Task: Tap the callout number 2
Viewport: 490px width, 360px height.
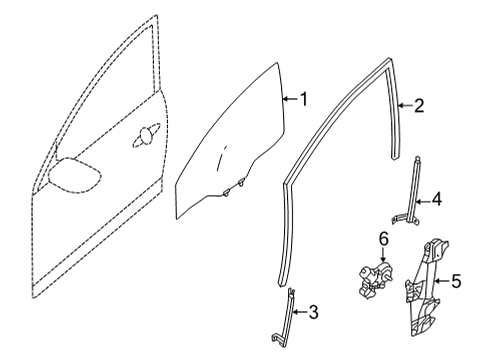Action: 419,105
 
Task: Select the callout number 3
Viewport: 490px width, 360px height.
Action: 314,314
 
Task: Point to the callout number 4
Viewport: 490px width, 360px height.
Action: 436,200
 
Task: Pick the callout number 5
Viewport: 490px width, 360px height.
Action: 456,281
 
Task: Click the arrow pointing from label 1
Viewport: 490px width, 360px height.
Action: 289,99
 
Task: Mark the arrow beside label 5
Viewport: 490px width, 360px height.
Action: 442,281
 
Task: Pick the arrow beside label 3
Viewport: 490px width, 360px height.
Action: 300,314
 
